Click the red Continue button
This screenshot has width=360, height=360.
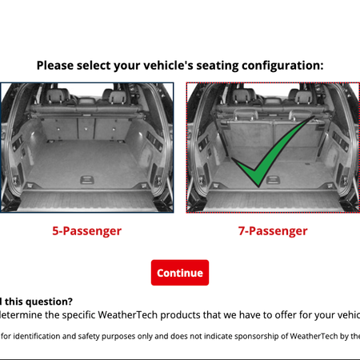point(180,273)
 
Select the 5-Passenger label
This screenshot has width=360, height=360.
point(86,231)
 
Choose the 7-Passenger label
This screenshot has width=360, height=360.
point(273,231)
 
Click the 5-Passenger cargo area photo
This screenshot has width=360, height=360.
point(86,147)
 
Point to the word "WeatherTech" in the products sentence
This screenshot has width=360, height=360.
point(136,315)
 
